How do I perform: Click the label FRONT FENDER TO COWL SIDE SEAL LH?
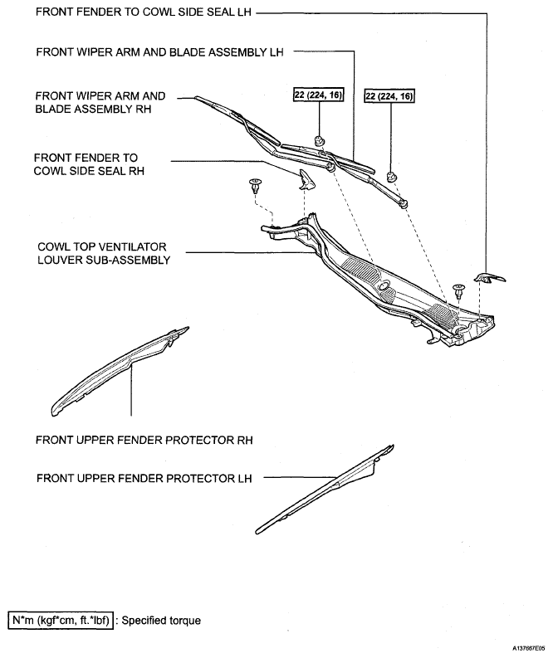click(x=143, y=12)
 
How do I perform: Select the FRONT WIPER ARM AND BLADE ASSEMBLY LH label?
click(x=159, y=52)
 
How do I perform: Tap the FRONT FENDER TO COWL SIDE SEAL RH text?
click(x=89, y=164)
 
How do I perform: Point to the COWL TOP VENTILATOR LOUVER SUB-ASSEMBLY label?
click(x=104, y=253)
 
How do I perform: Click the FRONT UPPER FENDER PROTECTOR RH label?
click(x=144, y=440)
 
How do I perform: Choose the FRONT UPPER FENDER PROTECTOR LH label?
click(x=144, y=479)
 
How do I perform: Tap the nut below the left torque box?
click(x=320, y=140)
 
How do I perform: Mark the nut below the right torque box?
click(x=391, y=176)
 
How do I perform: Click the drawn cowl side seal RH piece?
click(x=306, y=179)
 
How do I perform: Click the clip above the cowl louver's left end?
click(x=255, y=185)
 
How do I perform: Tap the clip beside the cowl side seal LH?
click(x=458, y=290)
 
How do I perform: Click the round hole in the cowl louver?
click(x=384, y=286)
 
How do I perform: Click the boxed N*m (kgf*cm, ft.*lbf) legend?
click(x=61, y=620)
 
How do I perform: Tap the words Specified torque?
click(x=161, y=620)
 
